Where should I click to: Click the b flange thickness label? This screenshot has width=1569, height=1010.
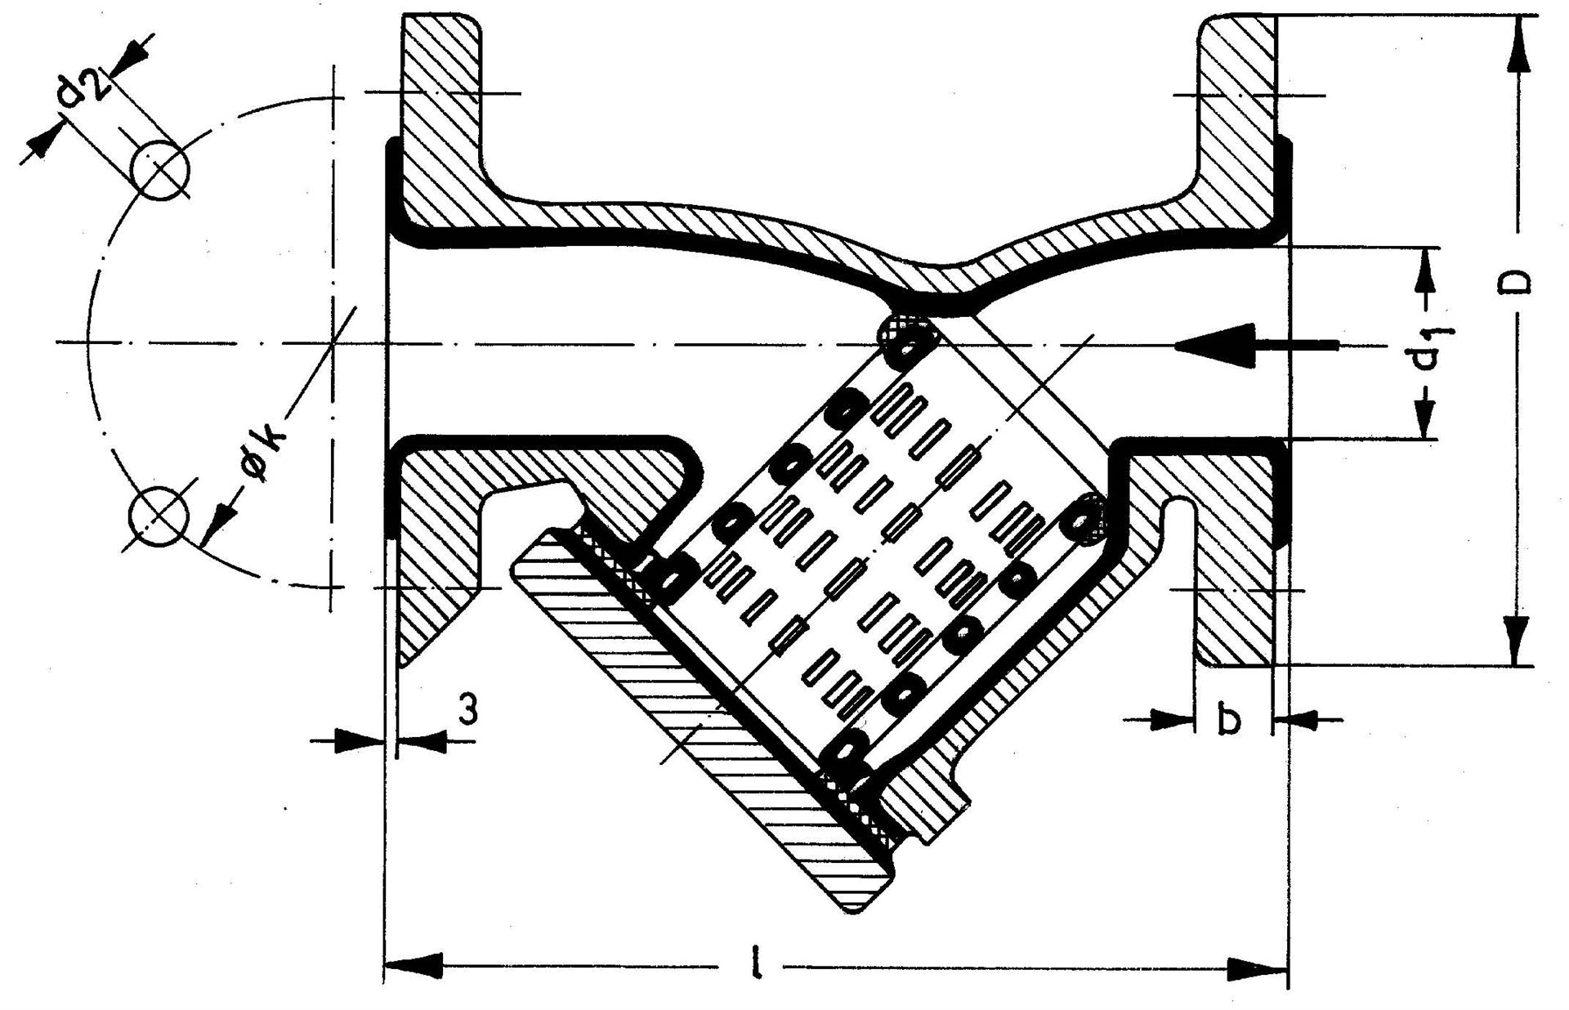click(1229, 721)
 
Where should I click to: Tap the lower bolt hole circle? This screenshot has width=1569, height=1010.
click(158, 518)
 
